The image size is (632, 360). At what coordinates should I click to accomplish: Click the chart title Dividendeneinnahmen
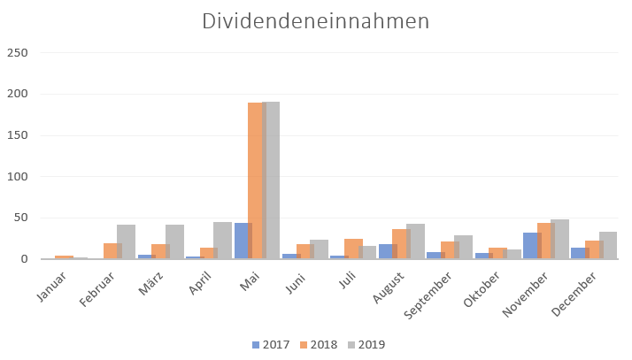pyautogui.click(x=316, y=21)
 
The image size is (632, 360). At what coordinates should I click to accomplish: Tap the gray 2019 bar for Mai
pyautogui.click(x=271, y=180)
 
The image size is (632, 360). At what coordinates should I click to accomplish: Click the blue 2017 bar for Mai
pyautogui.click(x=243, y=241)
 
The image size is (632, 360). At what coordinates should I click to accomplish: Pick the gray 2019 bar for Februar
pyautogui.click(x=127, y=241)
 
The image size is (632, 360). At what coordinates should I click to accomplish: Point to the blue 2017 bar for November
pyautogui.click(x=533, y=246)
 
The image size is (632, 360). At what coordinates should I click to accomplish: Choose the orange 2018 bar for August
pyautogui.click(x=402, y=244)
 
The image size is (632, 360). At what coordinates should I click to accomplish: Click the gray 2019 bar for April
pyautogui.click(x=222, y=241)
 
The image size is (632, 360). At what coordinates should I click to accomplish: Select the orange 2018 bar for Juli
pyautogui.click(x=353, y=249)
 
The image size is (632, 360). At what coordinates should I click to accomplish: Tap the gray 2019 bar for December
pyautogui.click(x=608, y=245)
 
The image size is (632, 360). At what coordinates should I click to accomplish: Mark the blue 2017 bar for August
pyautogui.click(x=388, y=251)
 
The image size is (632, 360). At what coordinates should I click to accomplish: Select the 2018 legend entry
pyautogui.click(x=319, y=345)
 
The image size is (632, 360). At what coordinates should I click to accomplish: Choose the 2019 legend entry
pyautogui.click(x=366, y=345)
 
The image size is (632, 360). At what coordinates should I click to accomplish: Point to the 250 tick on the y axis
pyautogui.click(x=18, y=53)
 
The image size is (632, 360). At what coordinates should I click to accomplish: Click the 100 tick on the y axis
pyautogui.click(x=18, y=176)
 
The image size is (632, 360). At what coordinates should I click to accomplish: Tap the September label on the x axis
pyautogui.click(x=428, y=295)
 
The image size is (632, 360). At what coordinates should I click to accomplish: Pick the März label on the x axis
pyautogui.click(x=150, y=283)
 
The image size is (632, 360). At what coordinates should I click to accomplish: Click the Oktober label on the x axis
pyautogui.click(x=482, y=289)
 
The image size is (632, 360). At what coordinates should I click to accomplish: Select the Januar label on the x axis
pyautogui.click(x=51, y=287)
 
